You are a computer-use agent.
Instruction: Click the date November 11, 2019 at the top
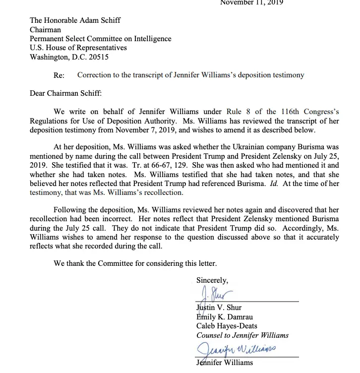click(x=251, y=2)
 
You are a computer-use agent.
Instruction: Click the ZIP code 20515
click(x=97, y=57)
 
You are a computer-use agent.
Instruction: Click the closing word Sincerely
click(x=212, y=280)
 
